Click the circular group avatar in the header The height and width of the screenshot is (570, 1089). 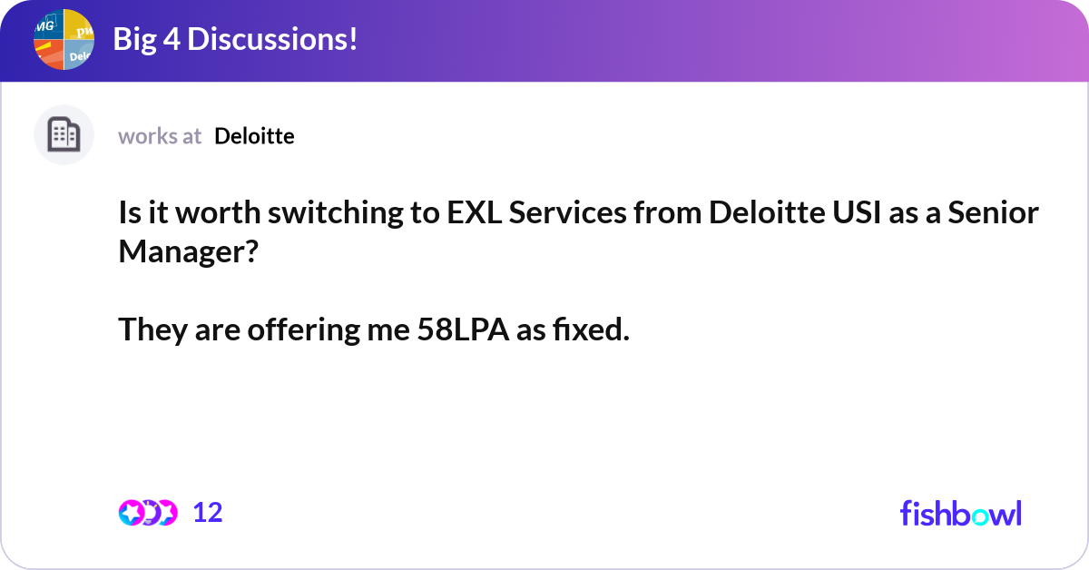64,40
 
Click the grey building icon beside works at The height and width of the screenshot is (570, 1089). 64,135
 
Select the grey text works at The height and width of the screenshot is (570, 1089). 160,136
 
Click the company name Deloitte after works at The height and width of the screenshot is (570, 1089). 254,136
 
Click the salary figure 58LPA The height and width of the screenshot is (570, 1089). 463,331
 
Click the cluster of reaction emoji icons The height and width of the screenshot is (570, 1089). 148,513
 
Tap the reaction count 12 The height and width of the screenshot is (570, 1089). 208,513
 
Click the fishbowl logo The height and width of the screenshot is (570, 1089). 960,513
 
